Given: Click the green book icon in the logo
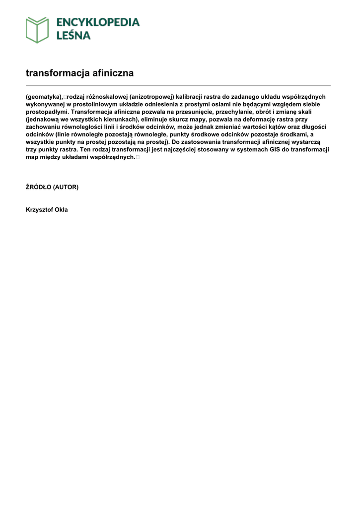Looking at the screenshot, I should pyautogui.click(x=37, y=29).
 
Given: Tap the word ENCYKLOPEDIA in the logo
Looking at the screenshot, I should pyautogui.click(x=98, y=22).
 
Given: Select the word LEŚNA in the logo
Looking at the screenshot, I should pyautogui.click(x=73, y=35).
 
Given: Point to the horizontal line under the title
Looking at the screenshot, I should pyautogui.click(x=178, y=85).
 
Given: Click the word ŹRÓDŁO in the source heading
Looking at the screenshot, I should pyautogui.click(x=38, y=187).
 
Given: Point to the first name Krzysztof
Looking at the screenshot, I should pyautogui.click(x=40, y=210).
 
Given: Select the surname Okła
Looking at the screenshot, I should pyautogui.click(x=62, y=210).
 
